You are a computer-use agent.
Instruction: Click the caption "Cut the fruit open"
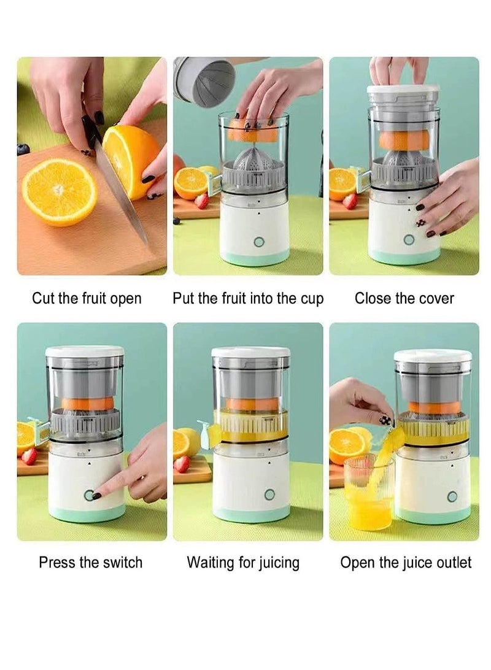[87, 299]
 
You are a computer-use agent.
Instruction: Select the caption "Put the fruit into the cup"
[248, 299]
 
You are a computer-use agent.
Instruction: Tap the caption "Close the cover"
[404, 299]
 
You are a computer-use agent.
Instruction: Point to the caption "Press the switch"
[90, 562]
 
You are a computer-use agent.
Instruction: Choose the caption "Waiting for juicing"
[243, 562]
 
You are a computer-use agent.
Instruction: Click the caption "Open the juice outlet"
[406, 562]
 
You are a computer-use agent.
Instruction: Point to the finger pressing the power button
[107, 491]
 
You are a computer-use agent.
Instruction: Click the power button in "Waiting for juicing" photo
[269, 494]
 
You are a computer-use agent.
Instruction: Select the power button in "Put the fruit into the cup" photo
[259, 242]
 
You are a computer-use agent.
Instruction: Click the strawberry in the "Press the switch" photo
[29, 456]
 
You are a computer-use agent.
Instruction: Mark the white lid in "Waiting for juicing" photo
[251, 352]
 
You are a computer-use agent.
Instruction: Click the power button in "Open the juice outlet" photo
[452, 496]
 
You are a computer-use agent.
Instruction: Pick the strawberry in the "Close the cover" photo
[350, 201]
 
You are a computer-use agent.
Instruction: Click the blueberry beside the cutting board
[23, 149]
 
